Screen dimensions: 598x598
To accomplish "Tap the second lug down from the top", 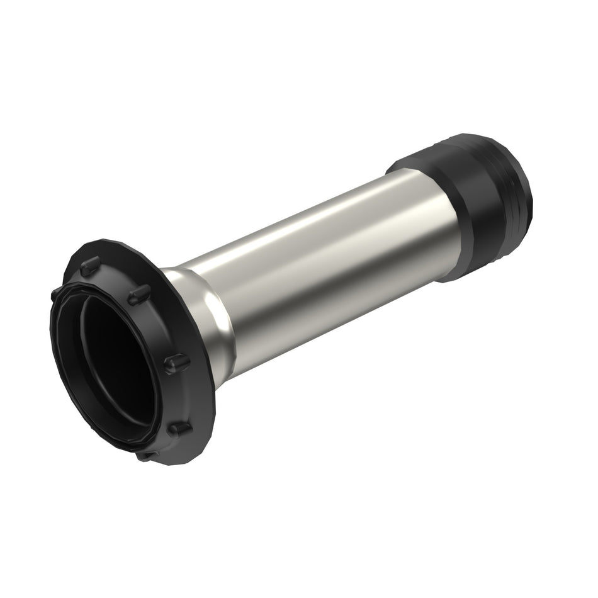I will click(139, 295).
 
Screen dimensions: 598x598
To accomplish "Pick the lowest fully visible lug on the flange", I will click(180, 429).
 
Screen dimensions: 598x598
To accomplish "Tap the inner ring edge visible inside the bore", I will click(84, 353).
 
